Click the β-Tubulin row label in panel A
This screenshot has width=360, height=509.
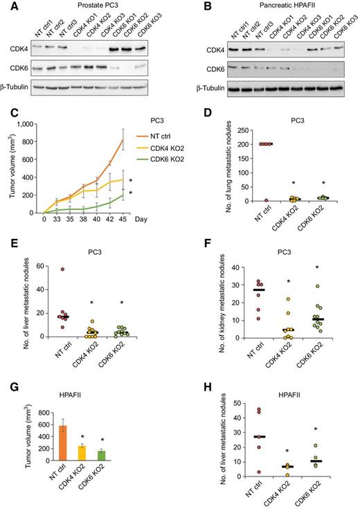click(21, 88)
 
